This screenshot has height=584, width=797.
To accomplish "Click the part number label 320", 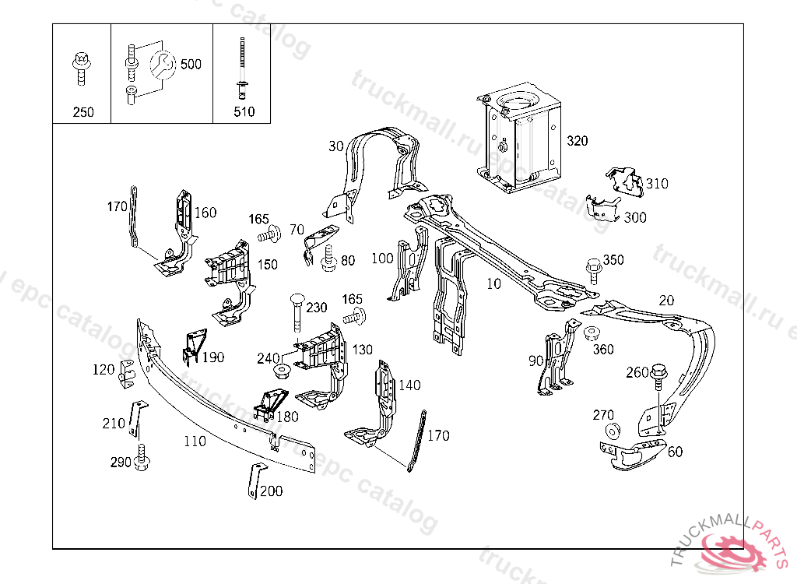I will click(577, 141).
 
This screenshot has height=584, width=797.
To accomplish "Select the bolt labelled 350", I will click(593, 269).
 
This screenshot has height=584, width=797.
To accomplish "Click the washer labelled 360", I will click(590, 334).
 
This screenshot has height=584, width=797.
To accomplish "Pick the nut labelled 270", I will click(612, 432).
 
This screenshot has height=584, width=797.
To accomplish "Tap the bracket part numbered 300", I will click(601, 209).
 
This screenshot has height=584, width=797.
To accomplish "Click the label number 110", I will click(195, 442).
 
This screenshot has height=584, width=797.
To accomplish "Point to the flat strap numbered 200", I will click(253, 480).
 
